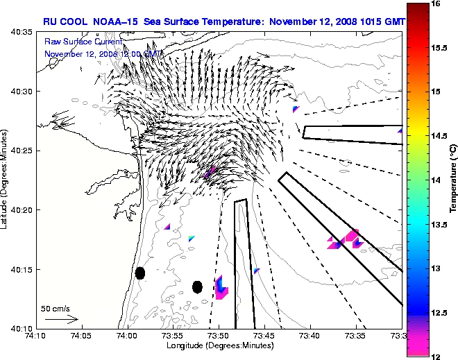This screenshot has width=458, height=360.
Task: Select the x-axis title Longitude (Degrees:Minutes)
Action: (x=218, y=345)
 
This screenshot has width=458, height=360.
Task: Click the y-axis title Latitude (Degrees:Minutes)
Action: (x=6, y=180)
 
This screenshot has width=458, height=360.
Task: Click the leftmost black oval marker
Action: (x=140, y=273)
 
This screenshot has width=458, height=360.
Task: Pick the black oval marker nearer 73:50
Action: (x=197, y=286)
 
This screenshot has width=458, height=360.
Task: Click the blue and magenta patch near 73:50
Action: (x=221, y=287)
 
